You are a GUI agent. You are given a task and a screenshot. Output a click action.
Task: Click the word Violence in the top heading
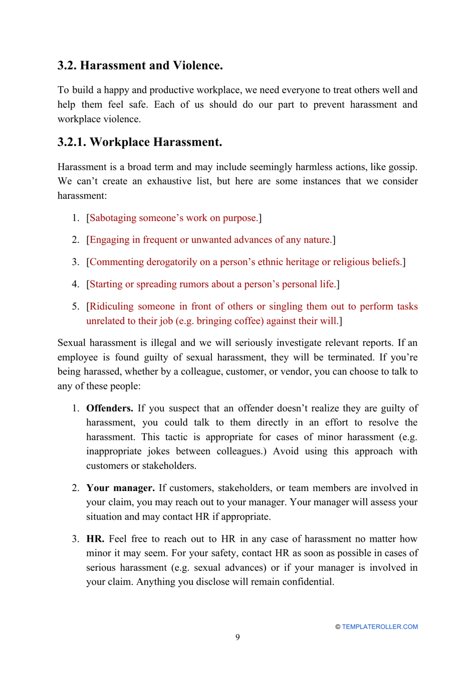coord(197,66)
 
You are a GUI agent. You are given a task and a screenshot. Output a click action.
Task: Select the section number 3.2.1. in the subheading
coord(72,142)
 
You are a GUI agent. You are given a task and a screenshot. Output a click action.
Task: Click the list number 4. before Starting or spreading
coord(75,284)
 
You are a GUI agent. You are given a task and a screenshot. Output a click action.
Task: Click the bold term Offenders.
coord(109,408)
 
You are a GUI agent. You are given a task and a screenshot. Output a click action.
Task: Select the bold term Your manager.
coord(120,488)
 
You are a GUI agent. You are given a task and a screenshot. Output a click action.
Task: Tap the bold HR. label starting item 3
coord(95,539)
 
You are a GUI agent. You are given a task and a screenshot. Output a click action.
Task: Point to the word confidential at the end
coord(307,582)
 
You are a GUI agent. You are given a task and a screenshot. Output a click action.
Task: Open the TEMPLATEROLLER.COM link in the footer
coord(379,627)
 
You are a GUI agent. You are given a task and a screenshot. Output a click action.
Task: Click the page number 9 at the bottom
coord(237,637)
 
